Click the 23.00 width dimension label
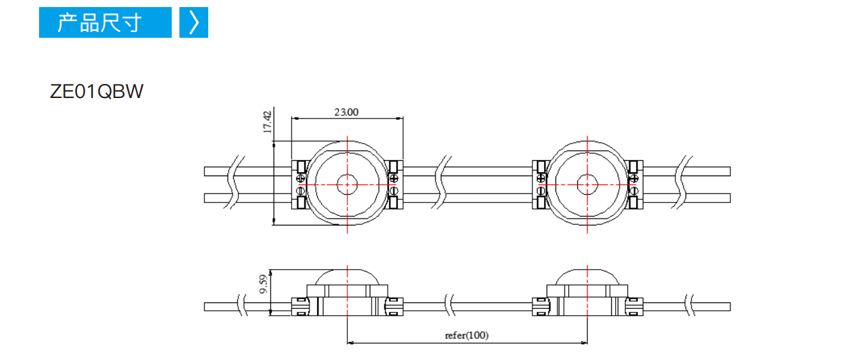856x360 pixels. pyautogui.click(x=346, y=112)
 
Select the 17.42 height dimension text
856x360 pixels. pyautogui.click(x=267, y=122)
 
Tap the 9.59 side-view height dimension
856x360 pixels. pyautogui.click(x=263, y=284)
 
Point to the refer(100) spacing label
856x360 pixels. pyautogui.click(x=466, y=335)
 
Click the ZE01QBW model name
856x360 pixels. pyautogui.click(x=96, y=92)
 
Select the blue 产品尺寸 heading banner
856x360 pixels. pyautogui.click(x=105, y=22)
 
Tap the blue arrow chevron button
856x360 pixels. pyautogui.click(x=193, y=22)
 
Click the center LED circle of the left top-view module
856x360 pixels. pyautogui.click(x=347, y=184)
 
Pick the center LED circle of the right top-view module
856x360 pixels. pyautogui.click(x=587, y=184)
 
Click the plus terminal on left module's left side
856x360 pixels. pyautogui.click(x=300, y=177)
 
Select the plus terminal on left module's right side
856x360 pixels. pyautogui.click(x=394, y=177)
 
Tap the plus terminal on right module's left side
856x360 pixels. pyautogui.click(x=541, y=177)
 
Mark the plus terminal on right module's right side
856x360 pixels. pyautogui.click(x=633, y=177)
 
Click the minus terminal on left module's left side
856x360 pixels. pyautogui.click(x=300, y=190)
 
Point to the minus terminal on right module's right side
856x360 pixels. pyautogui.click(x=633, y=190)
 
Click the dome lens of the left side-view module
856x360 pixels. pyautogui.click(x=347, y=277)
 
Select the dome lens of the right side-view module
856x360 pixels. pyautogui.click(x=587, y=277)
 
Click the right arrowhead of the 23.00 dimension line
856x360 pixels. pyautogui.click(x=399, y=119)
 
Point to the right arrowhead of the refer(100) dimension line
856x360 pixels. pyautogui.click(x=584, y=343)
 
